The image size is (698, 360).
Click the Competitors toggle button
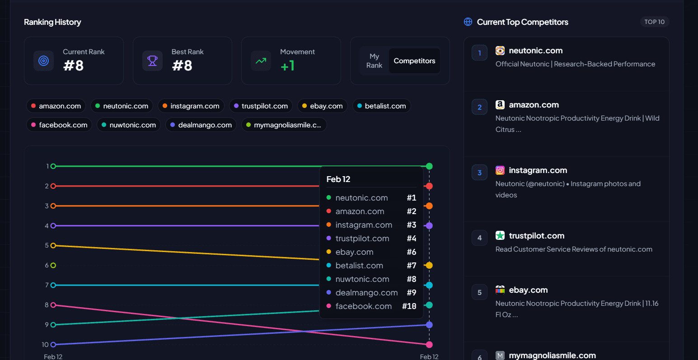414,61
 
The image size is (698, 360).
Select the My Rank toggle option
374,61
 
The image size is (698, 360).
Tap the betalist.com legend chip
381,106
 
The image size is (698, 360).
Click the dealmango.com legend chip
201,125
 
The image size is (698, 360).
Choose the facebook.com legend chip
59,125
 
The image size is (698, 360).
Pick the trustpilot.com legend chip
261,106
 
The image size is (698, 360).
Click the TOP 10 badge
654,22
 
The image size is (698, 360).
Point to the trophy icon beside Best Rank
152,61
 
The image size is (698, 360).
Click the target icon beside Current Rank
43,61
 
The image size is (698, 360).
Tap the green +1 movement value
288,66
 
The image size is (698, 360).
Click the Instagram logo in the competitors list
500,170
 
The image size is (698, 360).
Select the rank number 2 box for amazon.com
479,107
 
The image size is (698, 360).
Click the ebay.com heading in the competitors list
528,290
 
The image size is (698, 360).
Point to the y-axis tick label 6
47,266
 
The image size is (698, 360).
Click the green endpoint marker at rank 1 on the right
429,166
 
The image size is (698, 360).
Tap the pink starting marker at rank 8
53,305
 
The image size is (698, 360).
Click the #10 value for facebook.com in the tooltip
409,306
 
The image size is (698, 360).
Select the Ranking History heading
52,22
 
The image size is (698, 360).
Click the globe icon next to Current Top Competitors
468,22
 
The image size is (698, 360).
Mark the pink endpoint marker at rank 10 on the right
429,345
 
